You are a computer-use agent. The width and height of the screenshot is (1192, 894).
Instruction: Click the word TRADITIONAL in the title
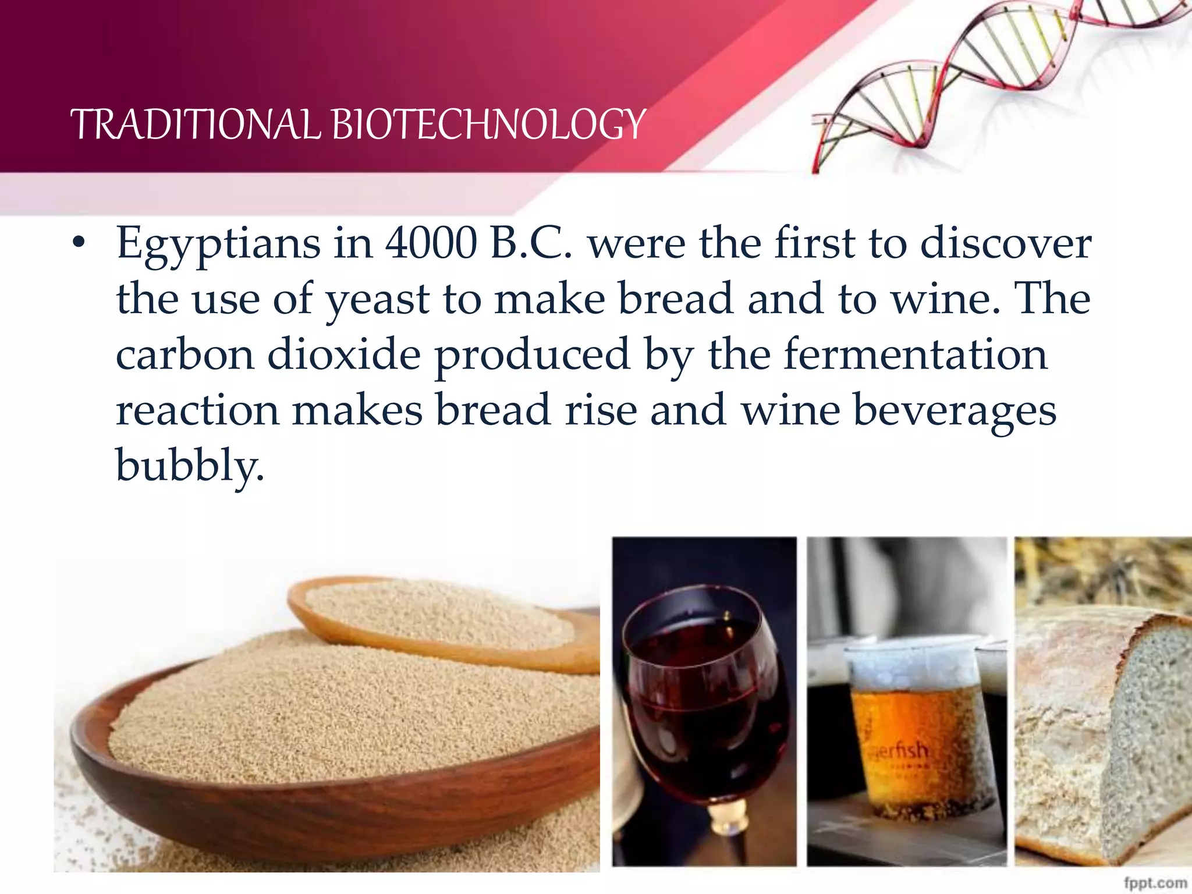pos(195,125)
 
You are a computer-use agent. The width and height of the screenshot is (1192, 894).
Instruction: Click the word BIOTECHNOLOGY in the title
pos(489,125)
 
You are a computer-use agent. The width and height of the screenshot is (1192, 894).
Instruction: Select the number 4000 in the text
pos(431,243)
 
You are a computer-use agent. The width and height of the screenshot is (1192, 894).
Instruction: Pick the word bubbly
pos(190,466)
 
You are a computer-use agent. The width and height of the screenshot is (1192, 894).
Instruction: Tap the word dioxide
pos(343,355)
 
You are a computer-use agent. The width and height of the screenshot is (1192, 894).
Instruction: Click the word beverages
pos(955,411)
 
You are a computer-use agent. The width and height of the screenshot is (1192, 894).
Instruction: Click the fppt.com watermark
pos(1155,882)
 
